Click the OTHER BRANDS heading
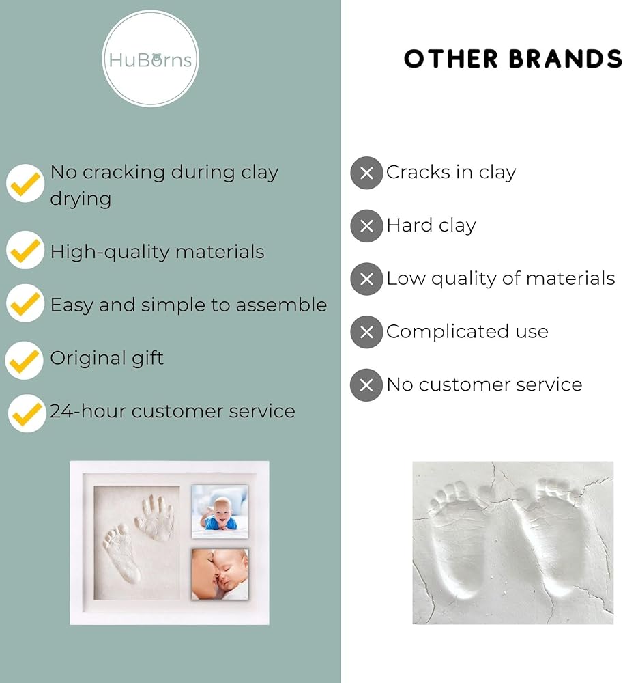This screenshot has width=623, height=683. point(513,59)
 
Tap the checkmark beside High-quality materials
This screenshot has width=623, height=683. point(25,250)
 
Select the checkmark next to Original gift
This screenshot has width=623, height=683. point(25,360)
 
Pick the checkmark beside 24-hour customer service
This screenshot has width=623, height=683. point(27,413)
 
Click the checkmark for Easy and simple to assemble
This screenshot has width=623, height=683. point(25,303)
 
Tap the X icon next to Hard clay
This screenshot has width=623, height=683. point(366,226)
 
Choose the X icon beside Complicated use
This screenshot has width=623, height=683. point(366,332)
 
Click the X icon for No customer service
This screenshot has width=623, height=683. point(366,385)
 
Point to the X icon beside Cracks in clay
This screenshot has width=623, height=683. point(366,173)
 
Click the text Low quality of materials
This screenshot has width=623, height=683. point(501,279)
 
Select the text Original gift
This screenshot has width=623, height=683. point(107,359)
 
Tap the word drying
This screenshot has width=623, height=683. point(81,199)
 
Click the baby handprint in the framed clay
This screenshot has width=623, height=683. point(155,518)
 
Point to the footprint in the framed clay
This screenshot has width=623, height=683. point(121,553)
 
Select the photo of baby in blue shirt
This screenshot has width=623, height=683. point(220,512)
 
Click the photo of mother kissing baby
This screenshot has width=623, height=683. point(220,574)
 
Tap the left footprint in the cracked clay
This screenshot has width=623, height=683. point(460,539)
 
